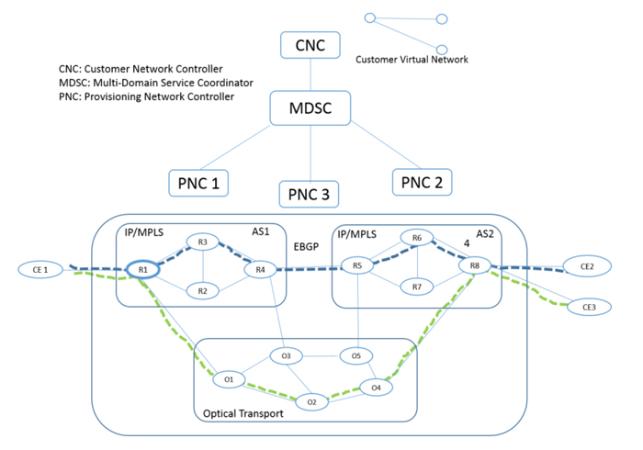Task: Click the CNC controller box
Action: tap(310, 45)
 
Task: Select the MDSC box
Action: tap(312, 109)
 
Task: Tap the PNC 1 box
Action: tap(198, 182)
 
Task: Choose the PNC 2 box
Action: tap(423, 182)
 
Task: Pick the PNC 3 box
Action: tap(310, 195)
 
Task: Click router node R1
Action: tap(143, 269)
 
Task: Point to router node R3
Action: tap(203, 242)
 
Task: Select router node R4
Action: tap(261, 269)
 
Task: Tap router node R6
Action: tap(416, 239)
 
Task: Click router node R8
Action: tap(474, 266)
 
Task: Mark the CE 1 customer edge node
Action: tap(39, 269)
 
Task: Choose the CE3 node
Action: tap(587, 306)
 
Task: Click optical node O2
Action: tap(311, 401)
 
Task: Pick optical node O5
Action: tap(356, 355)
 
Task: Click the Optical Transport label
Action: tap(242, 414)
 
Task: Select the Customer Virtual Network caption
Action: tap(412, 60)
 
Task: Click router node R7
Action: tap(416, 287)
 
